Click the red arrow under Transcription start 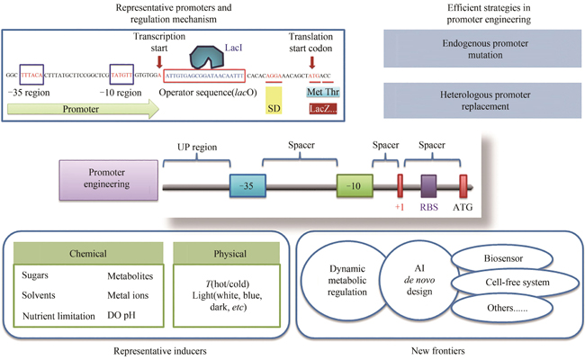(x=159, y=62)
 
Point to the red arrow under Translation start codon (x=313, y=62)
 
